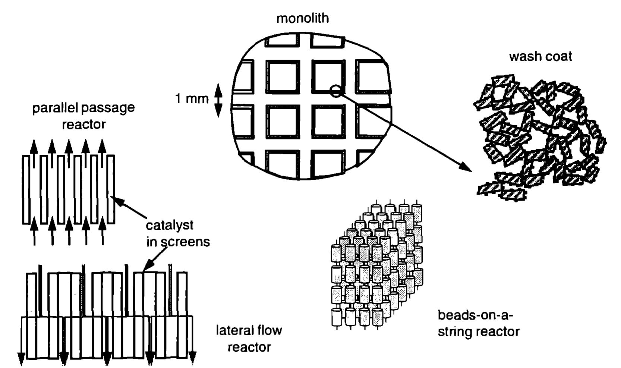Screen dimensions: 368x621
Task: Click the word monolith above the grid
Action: [x=302, y=18]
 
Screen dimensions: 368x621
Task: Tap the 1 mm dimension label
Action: [x=192, y=99]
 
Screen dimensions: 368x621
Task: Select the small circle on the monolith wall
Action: [x=335, y=91]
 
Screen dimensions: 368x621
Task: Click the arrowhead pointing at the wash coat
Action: [x=466, y=167]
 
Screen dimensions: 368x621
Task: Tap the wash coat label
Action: [x=540, y=57]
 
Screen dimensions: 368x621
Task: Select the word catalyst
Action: [x=170, y=225]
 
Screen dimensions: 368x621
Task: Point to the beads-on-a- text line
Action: [x=475, y=315]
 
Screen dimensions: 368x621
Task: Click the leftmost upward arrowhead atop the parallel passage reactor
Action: [x=34, y=146]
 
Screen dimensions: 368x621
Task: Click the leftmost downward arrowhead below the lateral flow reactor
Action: [x=21, y=358]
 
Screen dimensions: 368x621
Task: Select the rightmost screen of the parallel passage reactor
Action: [x=111, y=189]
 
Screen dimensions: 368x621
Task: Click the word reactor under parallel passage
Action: [x=83, y=124]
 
